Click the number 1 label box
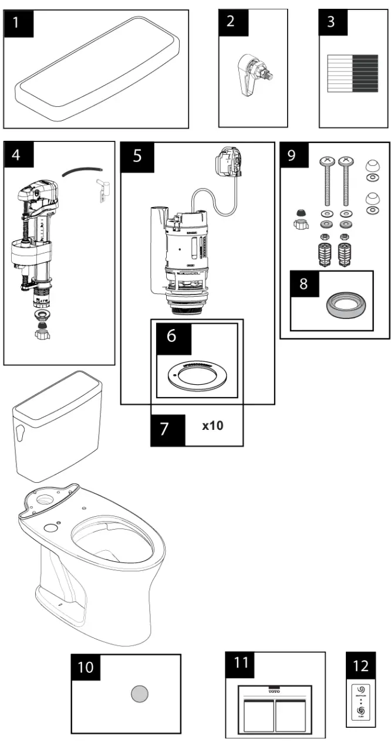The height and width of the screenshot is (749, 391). [x=18, y=23]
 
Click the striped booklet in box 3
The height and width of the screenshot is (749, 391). [x=353, y=73]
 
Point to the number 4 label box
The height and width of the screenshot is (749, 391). [x=18, y=155]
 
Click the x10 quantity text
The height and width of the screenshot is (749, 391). [x=213, y=426]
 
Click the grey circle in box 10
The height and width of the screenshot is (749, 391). [x=140, y=694]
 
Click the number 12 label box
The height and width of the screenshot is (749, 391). [x=361, y=666]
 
